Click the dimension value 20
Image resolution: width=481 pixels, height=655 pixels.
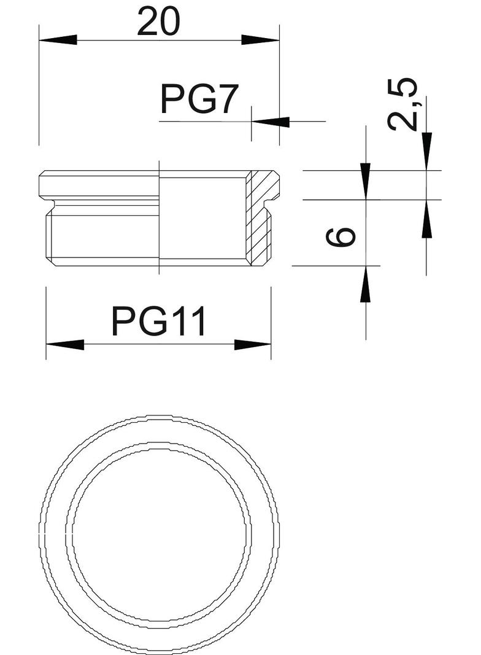pos(159,22)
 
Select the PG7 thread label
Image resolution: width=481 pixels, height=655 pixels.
pos(199,100)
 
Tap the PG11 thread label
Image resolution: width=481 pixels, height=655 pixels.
pos(160,321)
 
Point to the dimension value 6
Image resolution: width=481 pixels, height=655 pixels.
pos(341,237)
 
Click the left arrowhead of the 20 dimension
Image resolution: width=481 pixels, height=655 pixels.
pos(58,40)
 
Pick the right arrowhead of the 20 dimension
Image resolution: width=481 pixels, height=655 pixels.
pos(260,40)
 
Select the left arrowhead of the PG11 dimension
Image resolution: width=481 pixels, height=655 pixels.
pos(64,345)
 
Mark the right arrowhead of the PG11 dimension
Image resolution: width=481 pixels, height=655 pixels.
pos(253,345)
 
